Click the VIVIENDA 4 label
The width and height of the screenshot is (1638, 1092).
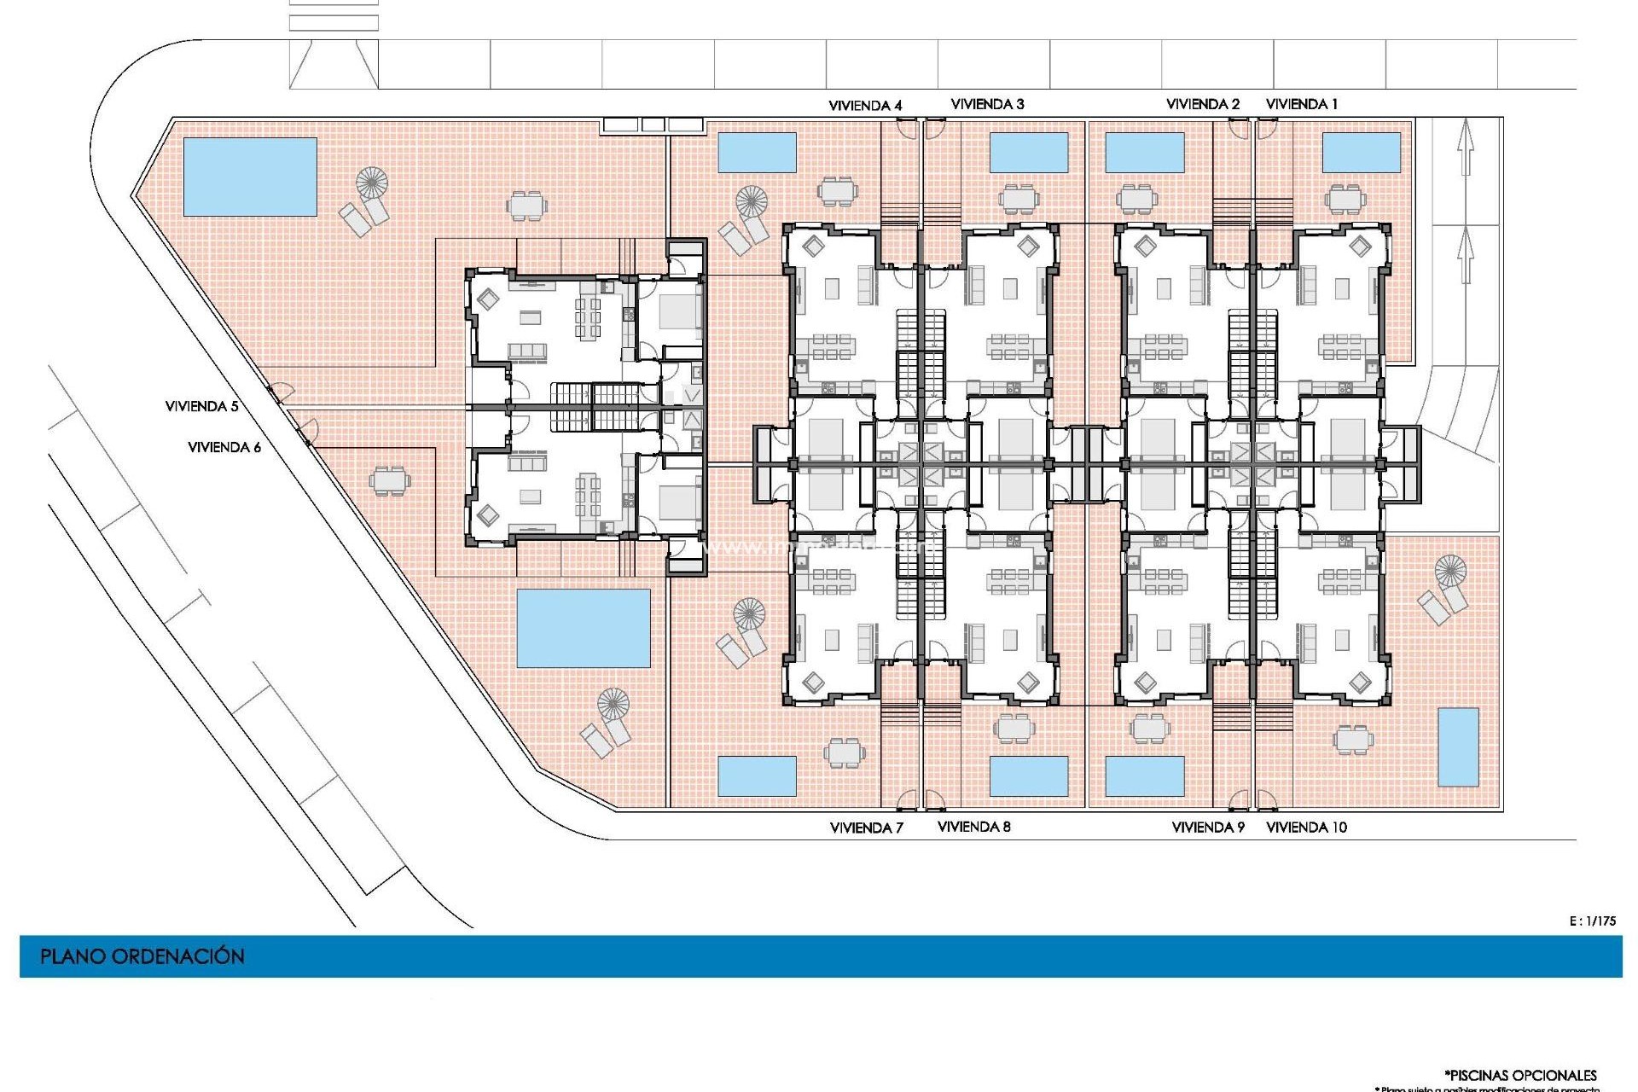865,106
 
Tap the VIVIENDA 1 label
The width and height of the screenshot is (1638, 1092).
1301,104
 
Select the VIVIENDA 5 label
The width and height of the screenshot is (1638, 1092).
201,406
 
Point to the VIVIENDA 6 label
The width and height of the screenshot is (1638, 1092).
224,447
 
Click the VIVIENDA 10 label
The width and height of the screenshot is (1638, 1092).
1306,827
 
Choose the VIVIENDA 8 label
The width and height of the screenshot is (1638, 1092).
973,827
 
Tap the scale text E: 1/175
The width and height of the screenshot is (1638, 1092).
1592,921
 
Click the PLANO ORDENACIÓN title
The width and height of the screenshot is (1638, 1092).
142,956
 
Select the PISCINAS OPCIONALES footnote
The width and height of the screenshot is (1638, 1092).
1520,1075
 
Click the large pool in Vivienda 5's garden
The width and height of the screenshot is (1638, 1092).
250,177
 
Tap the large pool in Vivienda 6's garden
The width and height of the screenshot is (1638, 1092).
584,628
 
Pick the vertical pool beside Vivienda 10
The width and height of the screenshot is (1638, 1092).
1458,747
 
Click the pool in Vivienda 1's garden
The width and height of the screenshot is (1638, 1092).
1362,153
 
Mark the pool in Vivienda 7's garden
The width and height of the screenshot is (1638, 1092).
757,775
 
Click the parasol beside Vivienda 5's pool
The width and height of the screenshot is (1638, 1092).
371,182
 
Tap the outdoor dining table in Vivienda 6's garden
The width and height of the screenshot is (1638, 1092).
389,480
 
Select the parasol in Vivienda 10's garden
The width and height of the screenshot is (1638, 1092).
1449,570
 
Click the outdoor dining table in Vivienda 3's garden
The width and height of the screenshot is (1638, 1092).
1019,199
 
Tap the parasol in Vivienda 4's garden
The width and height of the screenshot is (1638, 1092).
752,202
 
